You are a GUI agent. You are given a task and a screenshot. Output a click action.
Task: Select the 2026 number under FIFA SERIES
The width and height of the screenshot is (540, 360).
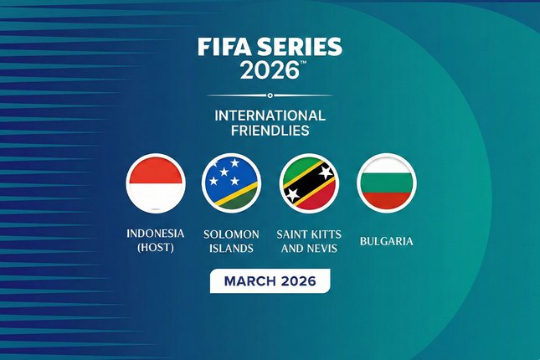[267, 71]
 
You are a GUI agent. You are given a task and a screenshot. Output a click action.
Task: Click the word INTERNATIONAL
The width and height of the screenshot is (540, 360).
[270, 115]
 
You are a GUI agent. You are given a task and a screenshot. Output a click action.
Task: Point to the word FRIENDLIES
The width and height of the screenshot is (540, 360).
[270, 131]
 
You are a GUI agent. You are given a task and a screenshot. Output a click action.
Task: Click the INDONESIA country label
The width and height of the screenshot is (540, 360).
[156, 234]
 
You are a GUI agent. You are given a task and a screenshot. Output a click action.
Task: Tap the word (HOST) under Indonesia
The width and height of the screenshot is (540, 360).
[156, 249]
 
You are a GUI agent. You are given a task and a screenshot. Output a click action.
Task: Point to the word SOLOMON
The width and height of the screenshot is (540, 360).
[232, 234]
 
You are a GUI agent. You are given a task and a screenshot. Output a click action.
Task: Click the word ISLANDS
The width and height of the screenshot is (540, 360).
[232, 249]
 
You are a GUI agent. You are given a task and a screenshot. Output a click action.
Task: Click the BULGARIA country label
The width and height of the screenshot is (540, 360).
[386, 241]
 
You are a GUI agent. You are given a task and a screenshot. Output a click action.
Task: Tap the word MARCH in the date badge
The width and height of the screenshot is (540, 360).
[248, 281]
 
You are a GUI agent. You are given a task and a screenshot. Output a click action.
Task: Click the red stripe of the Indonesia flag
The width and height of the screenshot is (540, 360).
[156, 168]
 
